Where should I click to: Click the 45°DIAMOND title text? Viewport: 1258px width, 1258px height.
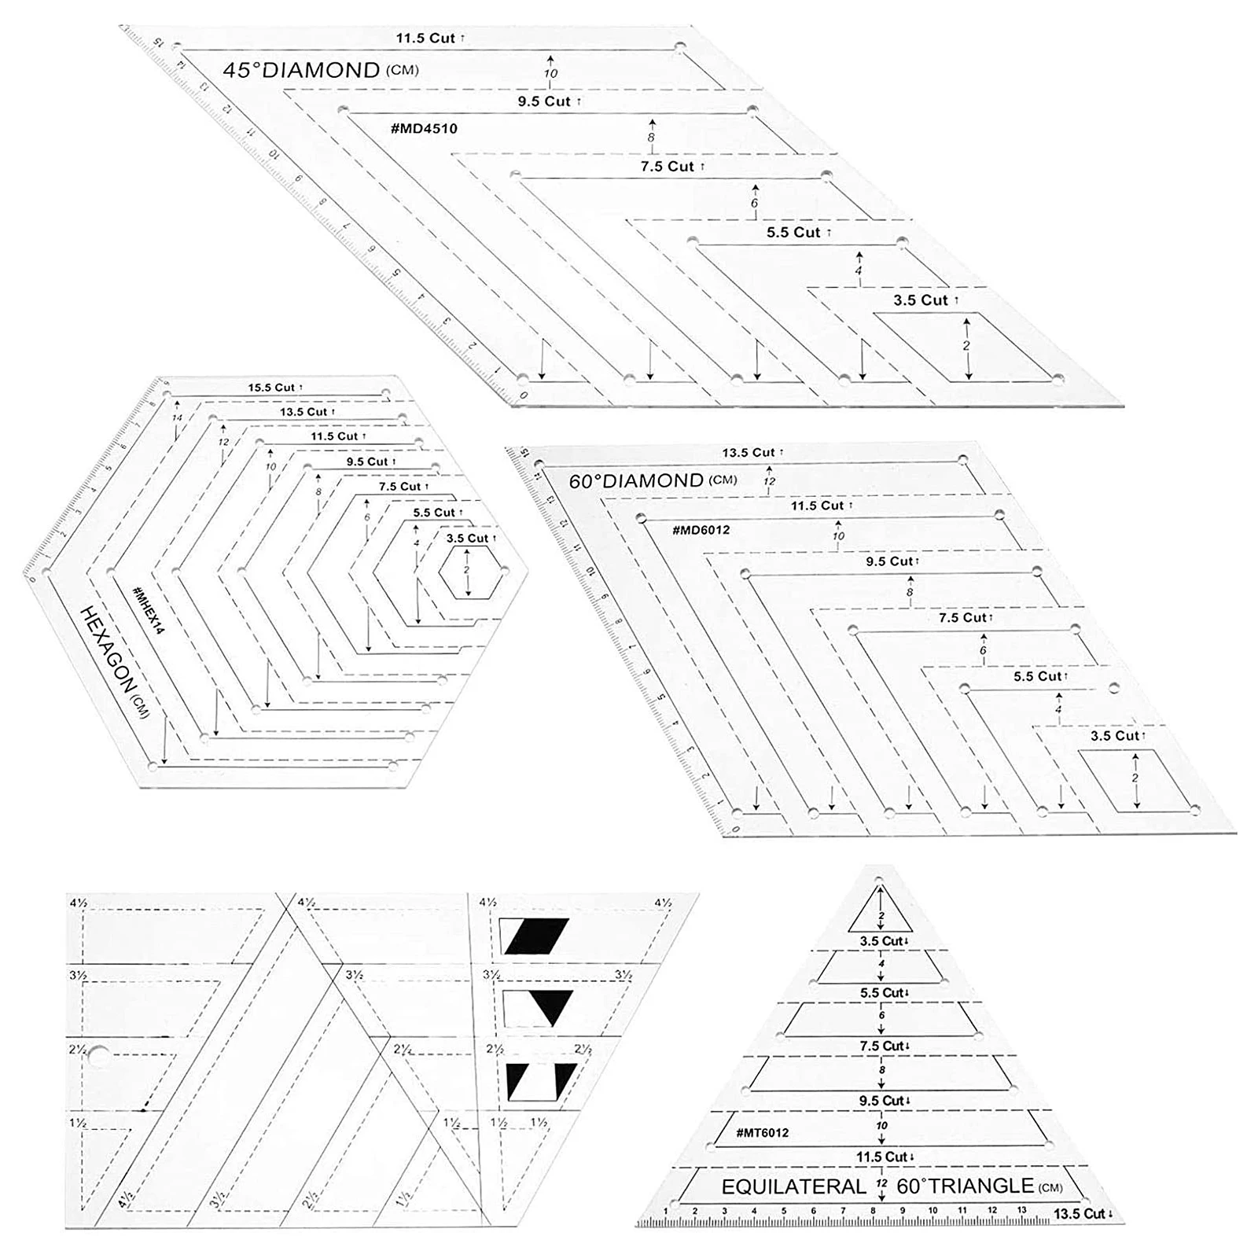(x=301, y=71)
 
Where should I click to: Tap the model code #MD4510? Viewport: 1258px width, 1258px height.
(x=424, y=128)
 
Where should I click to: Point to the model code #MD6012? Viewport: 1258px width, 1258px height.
(x=701, y=530)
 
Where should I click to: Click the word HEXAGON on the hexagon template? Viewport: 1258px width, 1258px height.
(x=111, y=649)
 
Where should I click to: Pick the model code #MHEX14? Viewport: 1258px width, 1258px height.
(x=148, y=610)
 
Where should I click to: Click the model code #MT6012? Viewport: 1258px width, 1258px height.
(x=762, y=1132)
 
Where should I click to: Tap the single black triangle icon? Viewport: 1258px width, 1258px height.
(x=551, y=1006)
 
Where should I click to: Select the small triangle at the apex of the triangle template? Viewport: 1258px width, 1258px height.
(x=881, y=912)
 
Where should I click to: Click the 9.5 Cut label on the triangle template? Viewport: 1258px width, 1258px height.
(x=884, y=1101)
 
